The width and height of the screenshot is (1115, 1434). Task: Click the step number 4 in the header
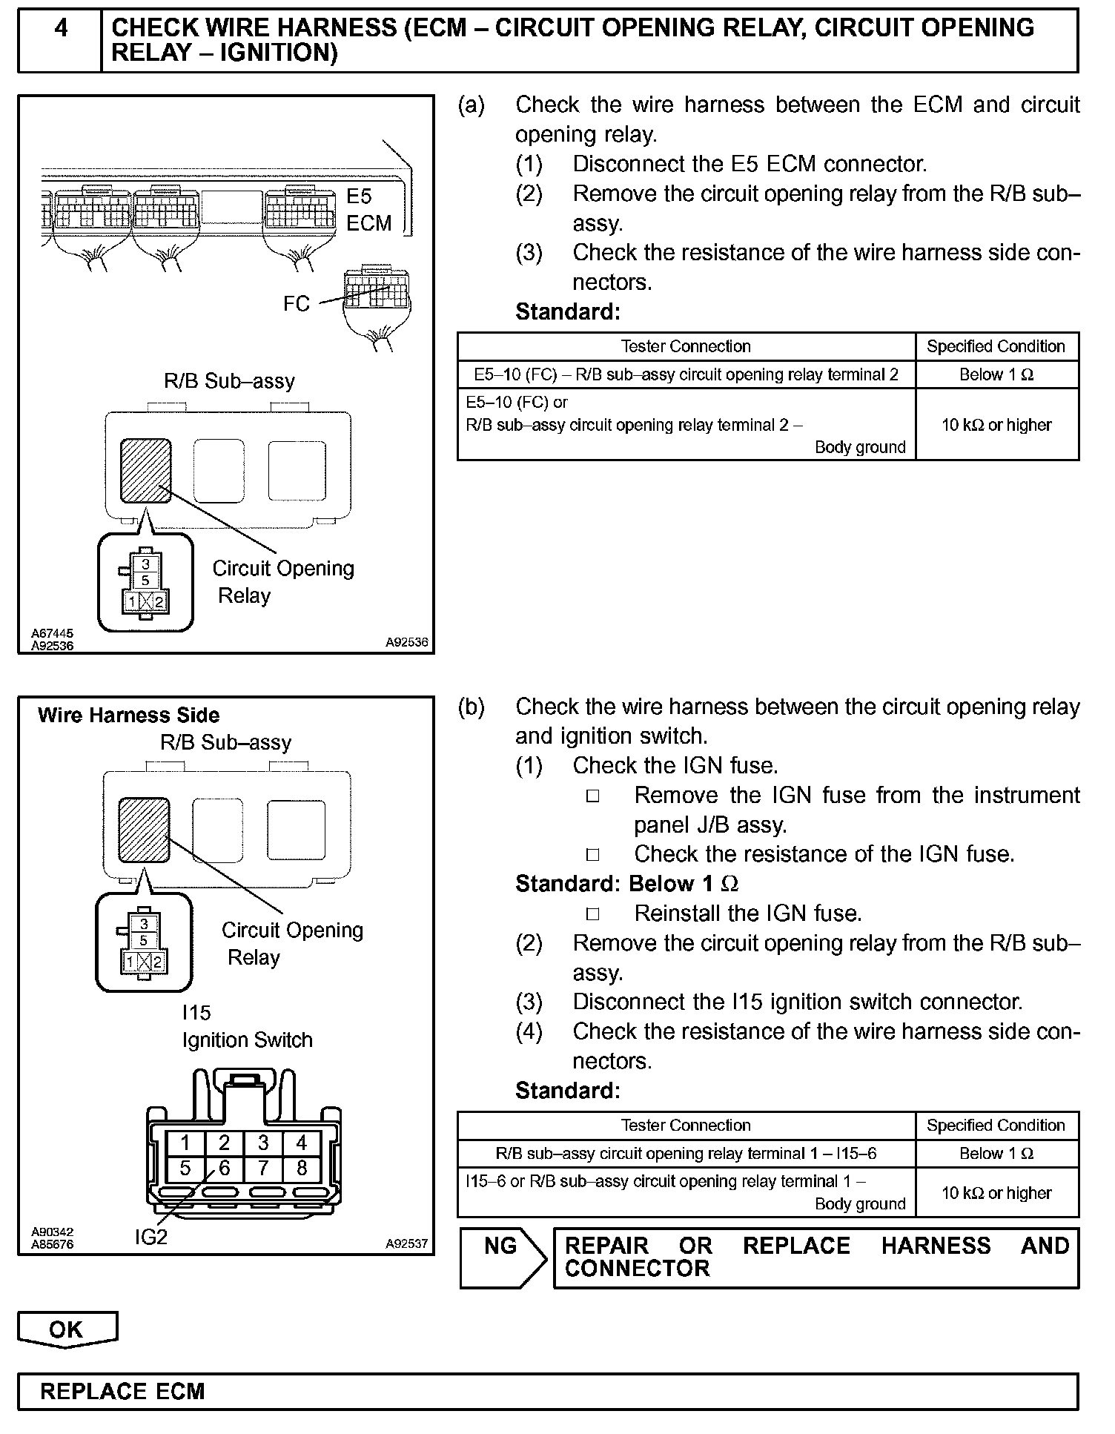(60, 29)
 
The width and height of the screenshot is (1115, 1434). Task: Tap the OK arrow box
(67, 1328)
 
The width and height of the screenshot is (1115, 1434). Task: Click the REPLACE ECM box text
(122, 1391)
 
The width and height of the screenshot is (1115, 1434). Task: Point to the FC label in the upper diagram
(296, 304)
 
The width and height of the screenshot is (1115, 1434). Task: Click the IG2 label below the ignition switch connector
(151, 1237)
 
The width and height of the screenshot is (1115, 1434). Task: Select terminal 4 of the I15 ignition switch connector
(301, 1143)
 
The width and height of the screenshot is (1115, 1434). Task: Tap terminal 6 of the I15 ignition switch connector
(224, 1169)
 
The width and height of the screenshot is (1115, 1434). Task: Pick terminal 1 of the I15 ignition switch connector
(185, 1143)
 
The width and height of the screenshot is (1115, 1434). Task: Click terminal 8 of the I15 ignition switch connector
(301, 1169)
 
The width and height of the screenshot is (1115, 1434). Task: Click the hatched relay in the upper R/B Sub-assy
(146, 470)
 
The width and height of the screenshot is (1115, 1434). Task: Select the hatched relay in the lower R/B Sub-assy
(145, 830)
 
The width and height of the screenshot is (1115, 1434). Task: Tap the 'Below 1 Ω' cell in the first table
(996, 374)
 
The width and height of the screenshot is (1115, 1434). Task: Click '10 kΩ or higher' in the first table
(996, 425)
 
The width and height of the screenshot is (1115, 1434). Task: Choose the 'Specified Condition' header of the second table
(996, 1125)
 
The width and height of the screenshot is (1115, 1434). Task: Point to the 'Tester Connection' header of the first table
(686, 346)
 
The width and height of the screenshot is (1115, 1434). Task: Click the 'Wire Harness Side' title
(128, 716)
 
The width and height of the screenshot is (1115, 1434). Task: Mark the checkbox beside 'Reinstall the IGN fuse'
(592, 913)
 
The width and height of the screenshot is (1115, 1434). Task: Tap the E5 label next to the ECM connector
(359, 196)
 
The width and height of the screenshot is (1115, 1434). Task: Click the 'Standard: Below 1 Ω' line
(626, 884)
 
